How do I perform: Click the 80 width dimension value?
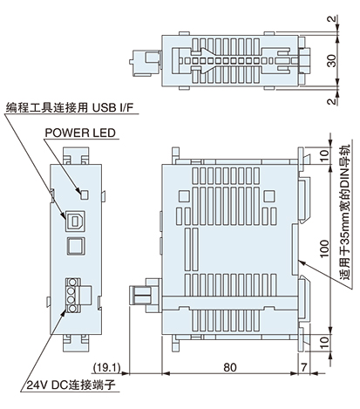230,367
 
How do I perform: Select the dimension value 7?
303,367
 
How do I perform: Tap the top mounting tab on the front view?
77,157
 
